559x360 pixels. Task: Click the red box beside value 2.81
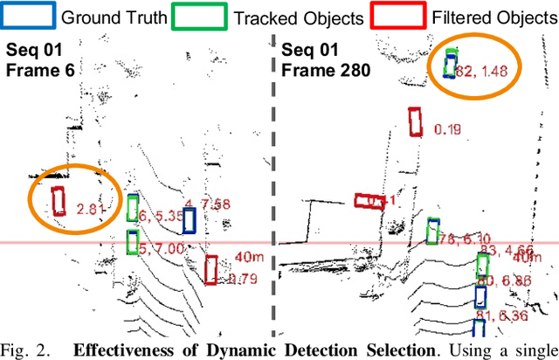(59, 201)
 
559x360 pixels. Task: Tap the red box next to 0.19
(416, 121)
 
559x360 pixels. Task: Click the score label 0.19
(447, 130)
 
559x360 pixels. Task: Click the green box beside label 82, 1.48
(450, 63)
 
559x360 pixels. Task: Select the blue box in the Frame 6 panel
(188, 221)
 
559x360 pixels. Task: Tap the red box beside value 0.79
(211, 269)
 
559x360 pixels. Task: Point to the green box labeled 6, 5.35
(132, 208)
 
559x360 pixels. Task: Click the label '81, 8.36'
(508, 315)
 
